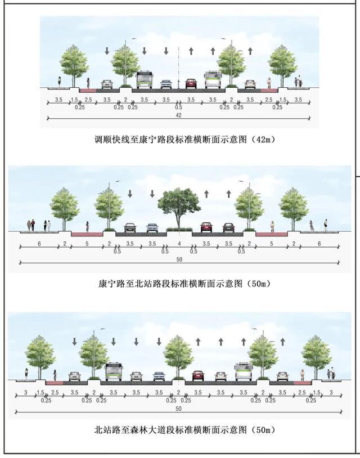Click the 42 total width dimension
pos(178,115)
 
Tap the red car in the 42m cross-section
pos(191,84)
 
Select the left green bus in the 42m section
pos(145,80)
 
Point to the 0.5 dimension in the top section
pos(178,107)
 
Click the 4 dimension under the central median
pos(179,244)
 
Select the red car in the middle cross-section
pos(206,227)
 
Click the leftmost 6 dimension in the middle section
pos(39,244)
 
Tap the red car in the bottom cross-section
pos(198,375)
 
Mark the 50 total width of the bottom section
pos(179,408)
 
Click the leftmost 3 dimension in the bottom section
pos(26,393)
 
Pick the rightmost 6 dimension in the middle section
pos(319,244)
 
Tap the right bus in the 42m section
pos(213,80)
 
